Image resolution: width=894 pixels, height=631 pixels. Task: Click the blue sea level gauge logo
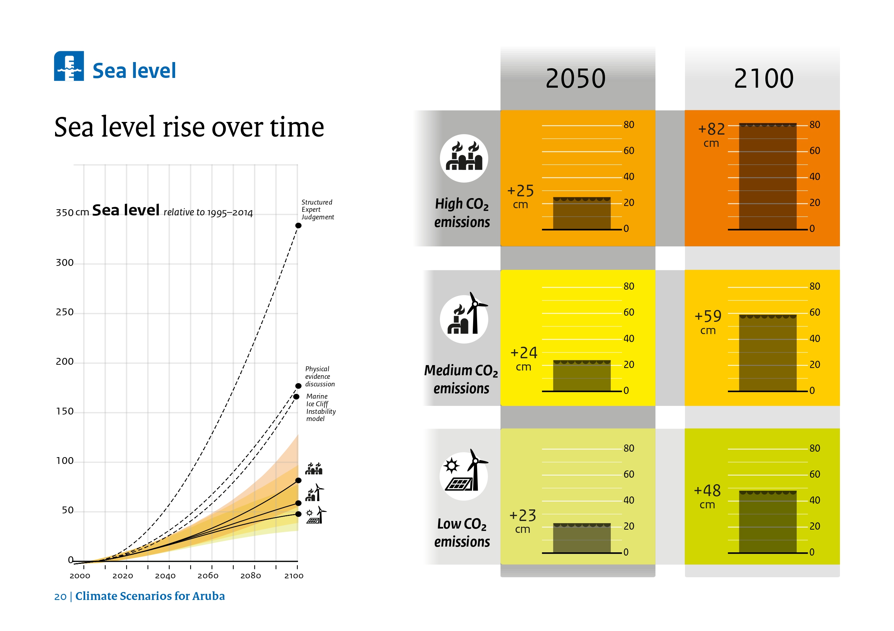[x=69, y=66]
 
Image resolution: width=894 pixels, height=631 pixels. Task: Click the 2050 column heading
[x=575, y=78]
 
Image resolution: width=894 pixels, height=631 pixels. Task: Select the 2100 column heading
[x=763, y=78]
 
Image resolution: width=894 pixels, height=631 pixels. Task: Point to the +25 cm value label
[x=520, y=196]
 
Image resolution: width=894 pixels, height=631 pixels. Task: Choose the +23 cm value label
[x=522, y=521]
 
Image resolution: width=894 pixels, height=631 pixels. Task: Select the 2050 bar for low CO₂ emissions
[x=582, y=538]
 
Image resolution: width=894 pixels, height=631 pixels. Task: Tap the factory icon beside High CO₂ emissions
[x=464, y=158]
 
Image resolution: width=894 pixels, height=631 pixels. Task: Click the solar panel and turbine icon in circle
[x=464, y=476]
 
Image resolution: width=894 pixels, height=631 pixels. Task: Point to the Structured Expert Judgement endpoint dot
[x=298, y=225]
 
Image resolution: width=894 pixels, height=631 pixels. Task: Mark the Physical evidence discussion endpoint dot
[x=298, y=386]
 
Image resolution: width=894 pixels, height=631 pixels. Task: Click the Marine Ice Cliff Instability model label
[x=320, y=407]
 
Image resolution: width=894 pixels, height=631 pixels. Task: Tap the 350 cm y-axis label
[x=72, y=213]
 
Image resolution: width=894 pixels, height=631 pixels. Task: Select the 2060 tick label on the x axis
[x=208, y=576]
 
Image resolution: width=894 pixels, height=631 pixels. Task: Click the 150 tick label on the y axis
[x=65, y=412]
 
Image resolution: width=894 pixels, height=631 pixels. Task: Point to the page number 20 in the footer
[x=60, y=597]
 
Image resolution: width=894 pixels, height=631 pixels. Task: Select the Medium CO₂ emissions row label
[x=461, y=379]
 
